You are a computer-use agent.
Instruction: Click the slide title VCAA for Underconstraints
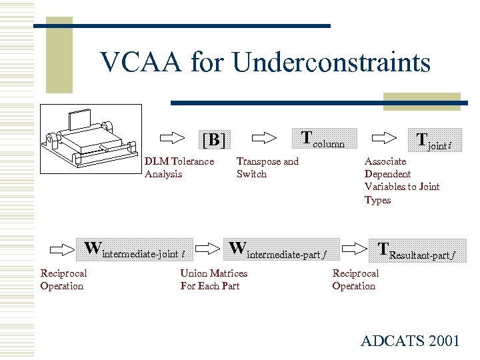tap(265, 63)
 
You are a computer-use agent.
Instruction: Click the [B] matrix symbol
tap(213, 140)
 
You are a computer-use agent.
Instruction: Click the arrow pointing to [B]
tap(173, 138)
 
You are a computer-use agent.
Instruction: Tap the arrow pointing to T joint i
tap(382, 137)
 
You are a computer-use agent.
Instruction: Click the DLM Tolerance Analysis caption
tap(179, 167)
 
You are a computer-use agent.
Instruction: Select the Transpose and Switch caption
tap(267, 167)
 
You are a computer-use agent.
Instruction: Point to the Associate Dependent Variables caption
tap(401, 181)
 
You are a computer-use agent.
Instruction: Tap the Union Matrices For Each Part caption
tap(213, 279)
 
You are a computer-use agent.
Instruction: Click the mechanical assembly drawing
tap(91, 138)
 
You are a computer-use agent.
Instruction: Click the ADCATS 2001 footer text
tap(410, 341)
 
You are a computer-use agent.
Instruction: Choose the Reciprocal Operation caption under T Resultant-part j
tap(355, 279)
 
